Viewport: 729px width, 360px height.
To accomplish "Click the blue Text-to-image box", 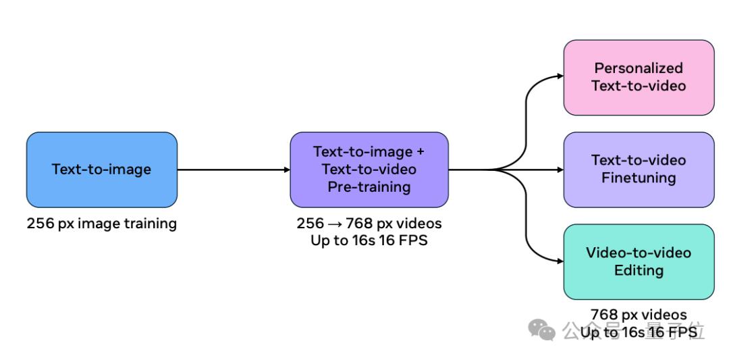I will click(x=102, y=170).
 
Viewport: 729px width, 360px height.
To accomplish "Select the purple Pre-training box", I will click(x=369, y=170).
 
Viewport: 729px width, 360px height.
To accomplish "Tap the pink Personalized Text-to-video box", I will click(x=639, y=77).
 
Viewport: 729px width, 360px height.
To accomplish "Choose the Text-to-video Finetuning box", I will click(x=639, y=170).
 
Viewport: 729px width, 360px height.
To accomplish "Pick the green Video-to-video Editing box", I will click(x=639, y=261).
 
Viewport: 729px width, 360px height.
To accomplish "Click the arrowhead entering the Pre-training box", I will click(x=286, y=170).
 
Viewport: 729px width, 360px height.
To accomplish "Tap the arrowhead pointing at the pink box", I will click(x=560, y=76).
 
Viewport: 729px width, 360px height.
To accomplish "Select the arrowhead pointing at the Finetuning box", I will click(x=560, y=170).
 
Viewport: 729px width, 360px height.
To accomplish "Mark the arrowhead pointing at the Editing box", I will click(x=560, y=262).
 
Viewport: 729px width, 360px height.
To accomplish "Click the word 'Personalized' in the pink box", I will click(x=639, y=68).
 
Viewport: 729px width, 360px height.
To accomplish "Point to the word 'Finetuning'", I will click(x=639, y=178).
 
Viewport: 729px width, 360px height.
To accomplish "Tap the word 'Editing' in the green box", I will click(x=639, y=270).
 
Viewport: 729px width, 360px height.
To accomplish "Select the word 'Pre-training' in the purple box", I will click(x=369, y=187).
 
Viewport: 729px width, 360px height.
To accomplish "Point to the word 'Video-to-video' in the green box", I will click(x=639, y=253).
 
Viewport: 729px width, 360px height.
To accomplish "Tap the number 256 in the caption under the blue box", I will click(x=40, y=224).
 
